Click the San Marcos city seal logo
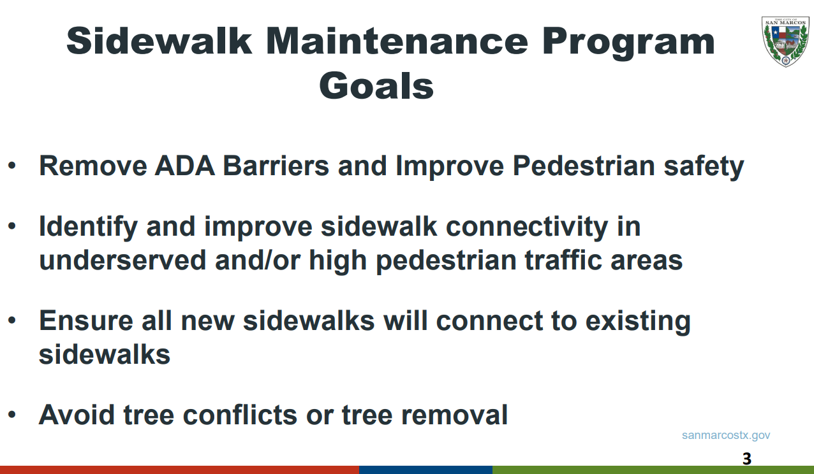(785, 42)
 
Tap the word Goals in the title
(376, 86)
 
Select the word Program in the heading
(628, 43)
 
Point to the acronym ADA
(184, 166)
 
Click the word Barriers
(276, 166)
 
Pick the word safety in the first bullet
(704, 168)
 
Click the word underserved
(123, 260)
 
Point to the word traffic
(564, 260)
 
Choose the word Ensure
(86, 321)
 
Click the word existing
(638, 322)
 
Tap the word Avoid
(77, 415)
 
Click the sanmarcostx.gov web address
(726, 436)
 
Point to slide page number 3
(747, 459)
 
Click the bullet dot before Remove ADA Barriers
(12, 166)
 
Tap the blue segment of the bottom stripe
(426, 470)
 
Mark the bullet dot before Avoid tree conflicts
(12, 415)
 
